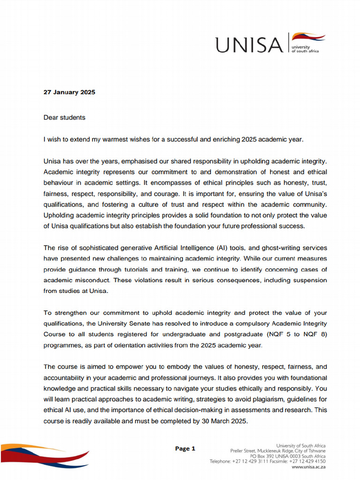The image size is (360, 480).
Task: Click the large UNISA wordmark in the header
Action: pyautogui.click(x=249, y=45)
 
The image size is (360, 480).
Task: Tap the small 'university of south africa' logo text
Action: pyautogui.click(x=305, y=49)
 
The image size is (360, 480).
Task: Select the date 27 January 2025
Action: pyautogui.click(x=69, y=92)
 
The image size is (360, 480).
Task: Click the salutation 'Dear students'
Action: pyautogui.click(x=65, y=118)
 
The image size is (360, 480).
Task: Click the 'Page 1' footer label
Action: pyautogui.click(x=185, y=449)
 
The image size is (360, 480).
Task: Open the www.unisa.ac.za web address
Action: pyautogui.click(x=308, y=467)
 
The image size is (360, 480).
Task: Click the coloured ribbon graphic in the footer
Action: pyautogui.click(x=45, y=454)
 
